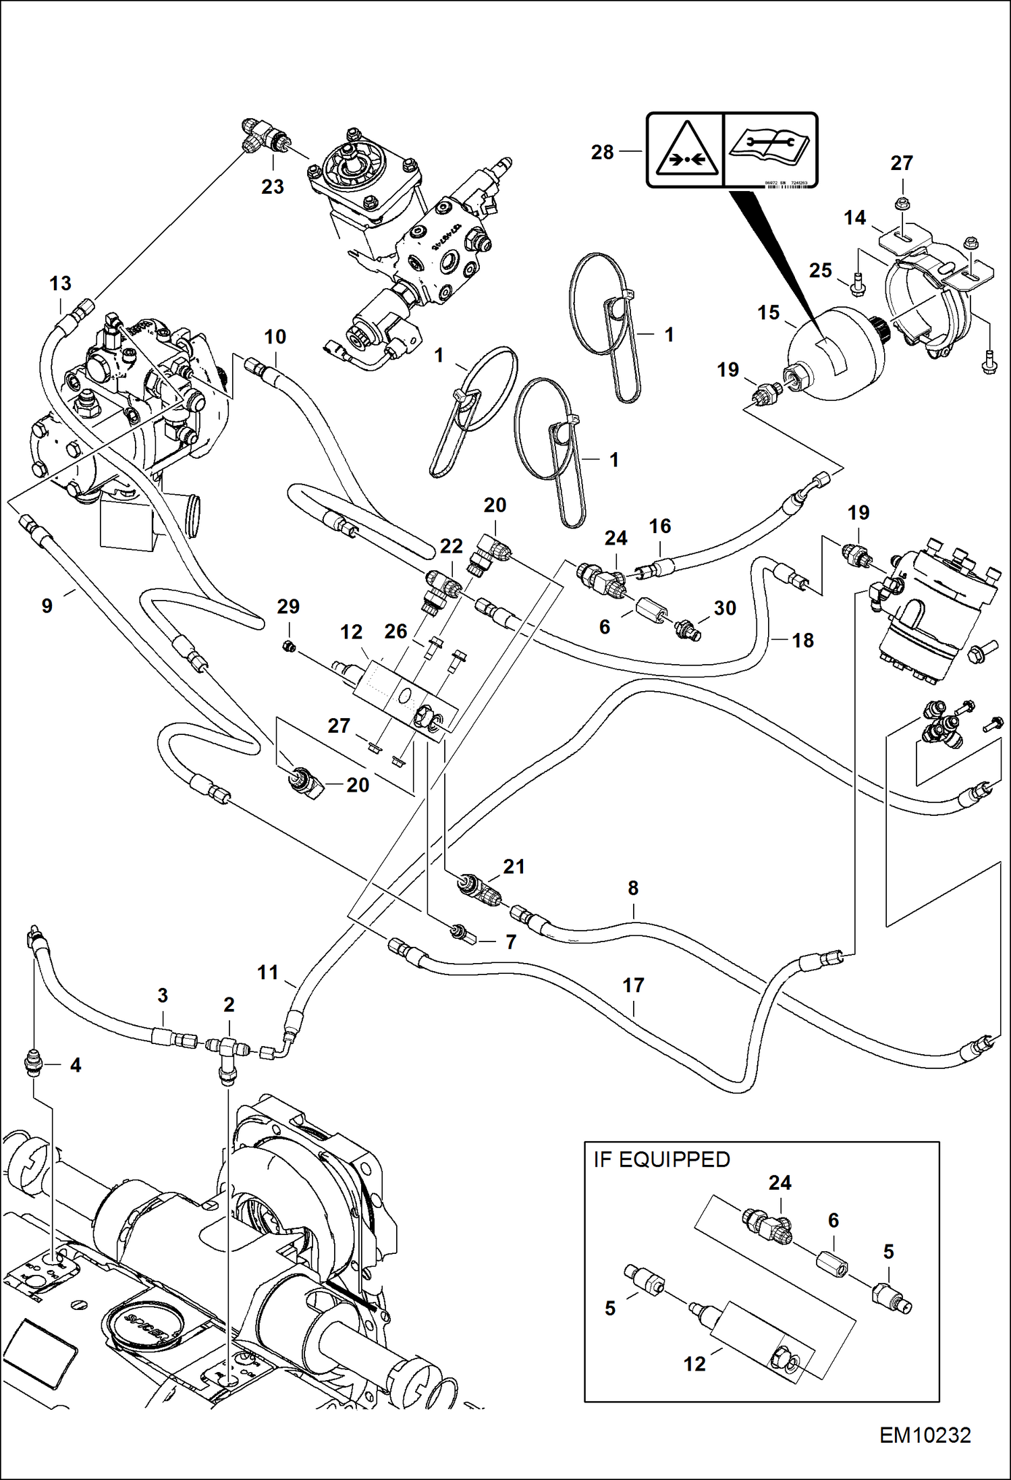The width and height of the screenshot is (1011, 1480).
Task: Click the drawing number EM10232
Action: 925,1435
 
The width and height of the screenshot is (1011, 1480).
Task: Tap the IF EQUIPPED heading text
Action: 661,1159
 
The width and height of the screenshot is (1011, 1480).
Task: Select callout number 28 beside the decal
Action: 602,153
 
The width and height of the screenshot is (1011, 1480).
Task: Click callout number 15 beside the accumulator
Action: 768,312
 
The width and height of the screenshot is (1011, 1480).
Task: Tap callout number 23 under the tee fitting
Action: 273,187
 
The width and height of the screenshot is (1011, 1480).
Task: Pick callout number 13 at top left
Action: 60,283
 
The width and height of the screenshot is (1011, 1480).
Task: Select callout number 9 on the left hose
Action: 47,605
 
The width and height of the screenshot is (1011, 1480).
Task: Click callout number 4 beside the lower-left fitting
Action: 76,1065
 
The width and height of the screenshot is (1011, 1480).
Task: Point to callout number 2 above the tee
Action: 229,1005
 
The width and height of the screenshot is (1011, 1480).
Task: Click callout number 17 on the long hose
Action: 633,985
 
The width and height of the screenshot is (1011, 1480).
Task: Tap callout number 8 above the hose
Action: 633,888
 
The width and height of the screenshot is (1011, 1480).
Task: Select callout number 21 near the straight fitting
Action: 514,867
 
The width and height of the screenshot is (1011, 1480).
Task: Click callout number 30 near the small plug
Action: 725,608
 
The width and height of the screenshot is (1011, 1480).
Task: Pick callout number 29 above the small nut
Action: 288,606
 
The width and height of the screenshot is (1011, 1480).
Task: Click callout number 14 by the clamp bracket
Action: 854,217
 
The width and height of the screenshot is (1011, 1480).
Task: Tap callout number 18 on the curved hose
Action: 802,640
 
